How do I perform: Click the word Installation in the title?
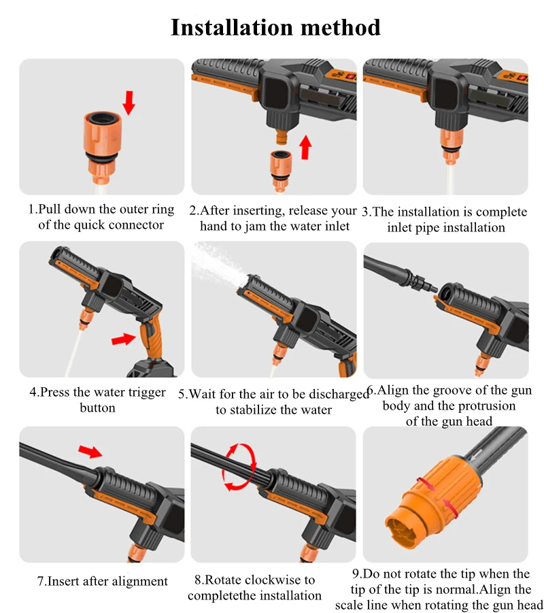click(232, 27)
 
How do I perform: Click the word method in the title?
click(341, 27)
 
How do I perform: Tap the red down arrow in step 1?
click(129, 103)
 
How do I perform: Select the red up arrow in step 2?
click(305, 147)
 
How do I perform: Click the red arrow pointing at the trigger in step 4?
click(124, 339)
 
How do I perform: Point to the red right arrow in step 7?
click(90, 451)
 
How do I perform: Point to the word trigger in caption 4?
click(143, 392)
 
